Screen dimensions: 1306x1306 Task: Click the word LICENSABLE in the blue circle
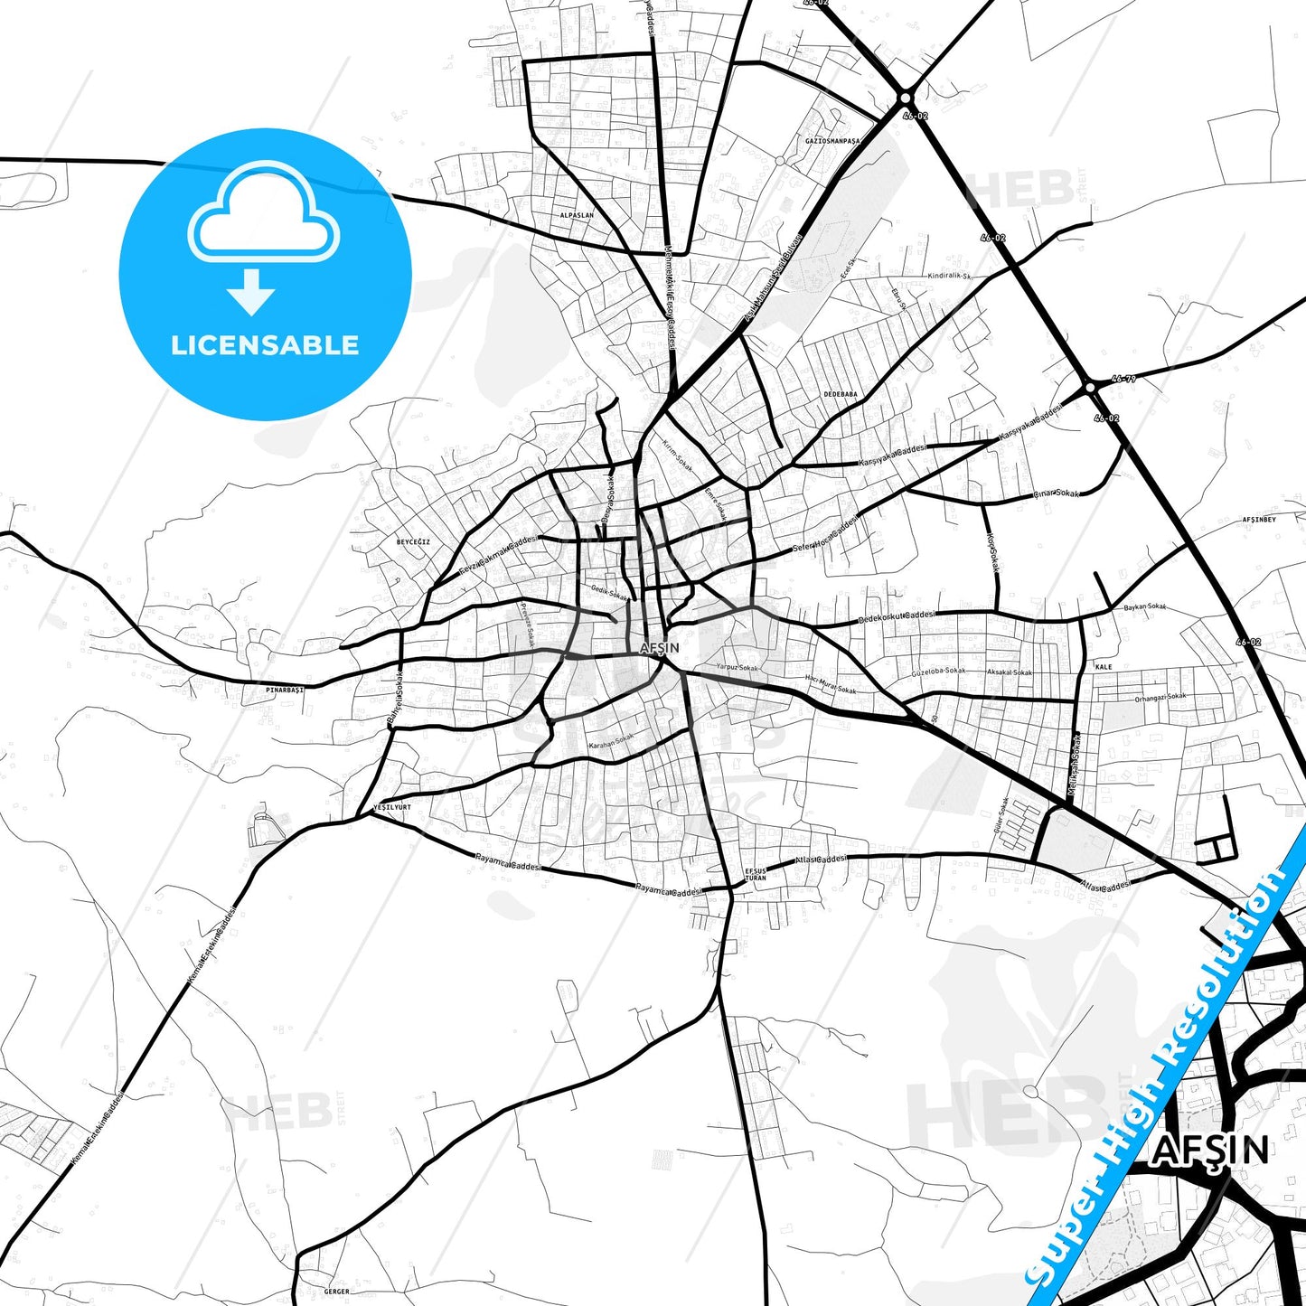click(265, 345)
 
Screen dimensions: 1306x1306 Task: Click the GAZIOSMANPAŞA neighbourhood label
click(832, 141)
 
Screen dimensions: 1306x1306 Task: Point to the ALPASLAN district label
click(577, 216)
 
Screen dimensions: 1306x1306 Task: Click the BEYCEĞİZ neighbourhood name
click(413, 541)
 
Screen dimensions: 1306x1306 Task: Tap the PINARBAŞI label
click(285, 689)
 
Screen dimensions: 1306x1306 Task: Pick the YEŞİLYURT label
click(392, 807)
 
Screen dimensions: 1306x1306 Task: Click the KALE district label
click(1103, 666)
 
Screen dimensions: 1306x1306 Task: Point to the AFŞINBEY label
click(1258, 520)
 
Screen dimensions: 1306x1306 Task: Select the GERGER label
click(335, 1292)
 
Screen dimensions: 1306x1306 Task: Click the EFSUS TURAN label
click(755, 874)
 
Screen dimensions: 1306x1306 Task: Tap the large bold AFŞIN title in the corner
click(1210, 1150)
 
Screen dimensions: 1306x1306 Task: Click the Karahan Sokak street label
click(611, 742)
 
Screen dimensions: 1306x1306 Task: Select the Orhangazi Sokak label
click(1160, 697)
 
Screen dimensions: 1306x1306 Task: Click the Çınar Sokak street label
click(1056, 494)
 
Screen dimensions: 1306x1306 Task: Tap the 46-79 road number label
click(1123, 380)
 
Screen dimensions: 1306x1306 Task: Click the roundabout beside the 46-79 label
click(1090, 388)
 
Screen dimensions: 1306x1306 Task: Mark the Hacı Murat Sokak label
click(830, 684)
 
